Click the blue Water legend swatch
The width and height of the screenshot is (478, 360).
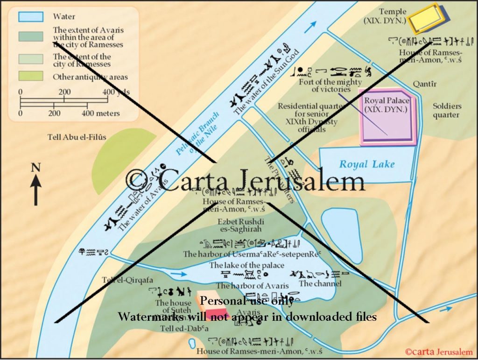click(x=31, y=17)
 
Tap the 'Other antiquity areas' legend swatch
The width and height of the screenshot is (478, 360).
click(x=31, y=76)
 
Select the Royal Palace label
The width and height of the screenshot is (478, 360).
click(x=387, y=105)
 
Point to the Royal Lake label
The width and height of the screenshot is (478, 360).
click(x=367, y=164)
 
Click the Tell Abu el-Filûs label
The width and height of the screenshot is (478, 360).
click(x=77, y=137)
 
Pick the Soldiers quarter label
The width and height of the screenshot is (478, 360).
click(x=446, y=111)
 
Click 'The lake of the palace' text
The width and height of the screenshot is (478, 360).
click(x=246, y=265)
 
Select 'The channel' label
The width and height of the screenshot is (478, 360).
click(x=320, y=283)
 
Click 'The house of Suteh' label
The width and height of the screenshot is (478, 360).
click(x=174, y=307)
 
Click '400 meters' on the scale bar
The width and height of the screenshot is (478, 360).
click(x=101, y=113)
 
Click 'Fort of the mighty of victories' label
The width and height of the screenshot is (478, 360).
click(x=330, y=85)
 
